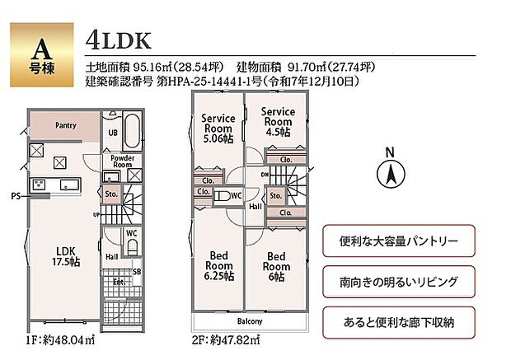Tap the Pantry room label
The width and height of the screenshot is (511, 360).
tap(66, 126)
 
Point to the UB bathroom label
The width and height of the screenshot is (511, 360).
tap(113, 132)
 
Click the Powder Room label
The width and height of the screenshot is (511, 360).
tap(122, 161)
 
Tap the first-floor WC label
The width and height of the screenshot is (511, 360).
tap(130, 233)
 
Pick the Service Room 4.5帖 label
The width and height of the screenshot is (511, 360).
tap(278, 121)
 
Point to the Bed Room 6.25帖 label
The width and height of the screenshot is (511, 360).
tap(218, 265)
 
